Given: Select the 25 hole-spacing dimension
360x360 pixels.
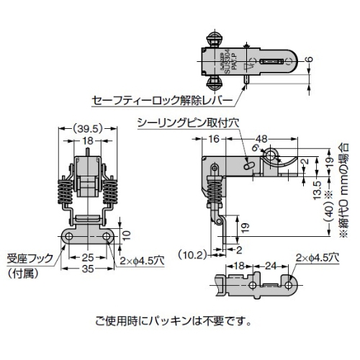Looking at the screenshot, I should pyautogui.click(x=86, y=256).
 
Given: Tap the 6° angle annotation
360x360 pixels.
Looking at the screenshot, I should pyautogui.click(x=254, y=148).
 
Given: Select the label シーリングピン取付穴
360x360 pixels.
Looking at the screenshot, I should pyautogui.click(x=186, y=123).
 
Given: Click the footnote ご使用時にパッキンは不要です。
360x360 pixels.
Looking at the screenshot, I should pyautogui.click(x=174, y=319).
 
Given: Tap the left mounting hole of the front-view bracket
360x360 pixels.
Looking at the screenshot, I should pyautogui.click(x=68, y=237).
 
